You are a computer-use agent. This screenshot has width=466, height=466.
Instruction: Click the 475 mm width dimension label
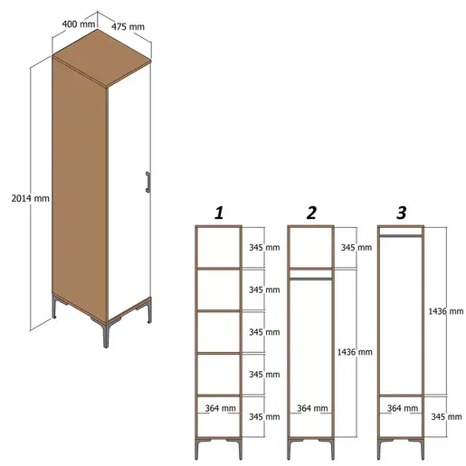[x=128, y=27]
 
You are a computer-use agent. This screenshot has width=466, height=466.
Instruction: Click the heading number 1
[x=218, y=213]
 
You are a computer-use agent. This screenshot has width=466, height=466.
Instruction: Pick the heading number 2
[x=311, y=213]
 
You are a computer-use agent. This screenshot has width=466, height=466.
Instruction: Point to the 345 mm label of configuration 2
[x=356, y=247]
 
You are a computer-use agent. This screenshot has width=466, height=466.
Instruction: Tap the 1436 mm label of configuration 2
[x=353, y=352]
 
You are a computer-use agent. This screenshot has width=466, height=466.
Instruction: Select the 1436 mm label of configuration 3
[x=445, y=311]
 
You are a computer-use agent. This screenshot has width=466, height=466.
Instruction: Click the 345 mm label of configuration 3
[x=445, y=417]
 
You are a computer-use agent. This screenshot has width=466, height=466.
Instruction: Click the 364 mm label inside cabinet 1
[x=219, y=408]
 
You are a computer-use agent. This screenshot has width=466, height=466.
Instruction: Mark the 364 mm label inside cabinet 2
[x=311, y=408]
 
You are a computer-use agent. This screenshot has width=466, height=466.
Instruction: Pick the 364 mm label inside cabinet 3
[x=401, y=408]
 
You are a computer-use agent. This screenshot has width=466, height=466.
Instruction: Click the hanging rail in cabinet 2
[x=311, y=282]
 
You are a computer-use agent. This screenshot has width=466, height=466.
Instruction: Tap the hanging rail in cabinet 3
[x=401, y=235]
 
